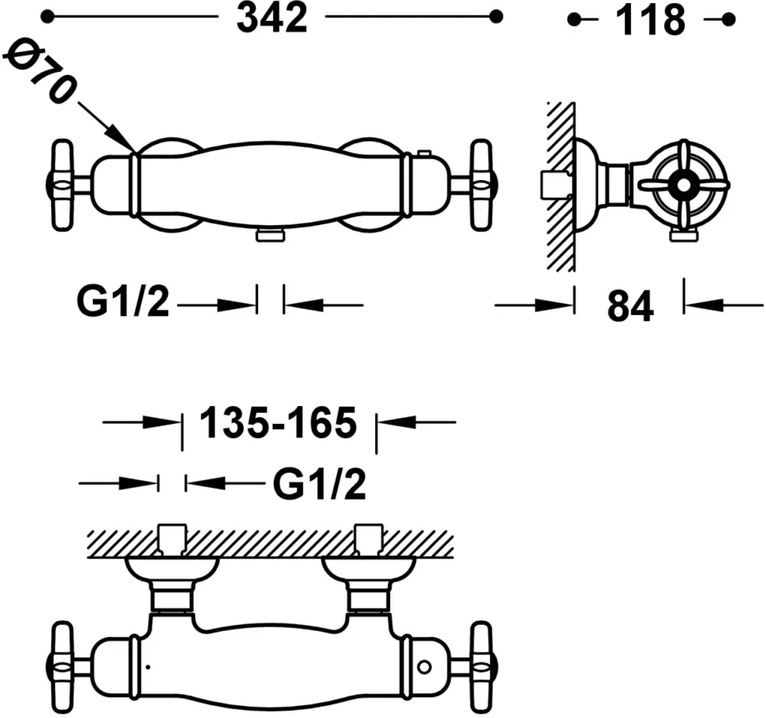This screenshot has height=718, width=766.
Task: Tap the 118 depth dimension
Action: [x=650, y=21]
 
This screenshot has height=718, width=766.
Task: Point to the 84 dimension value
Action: [x=630, y=307]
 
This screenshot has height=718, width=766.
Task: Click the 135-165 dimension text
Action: [x=279, y=423]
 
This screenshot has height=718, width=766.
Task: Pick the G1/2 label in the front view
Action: [x=123, y=303]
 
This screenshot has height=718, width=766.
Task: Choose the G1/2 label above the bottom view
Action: [x=319, y=484]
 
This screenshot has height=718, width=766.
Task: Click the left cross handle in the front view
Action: [x=63, y=185]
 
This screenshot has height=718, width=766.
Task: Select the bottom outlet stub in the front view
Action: [x=270, y=235]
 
